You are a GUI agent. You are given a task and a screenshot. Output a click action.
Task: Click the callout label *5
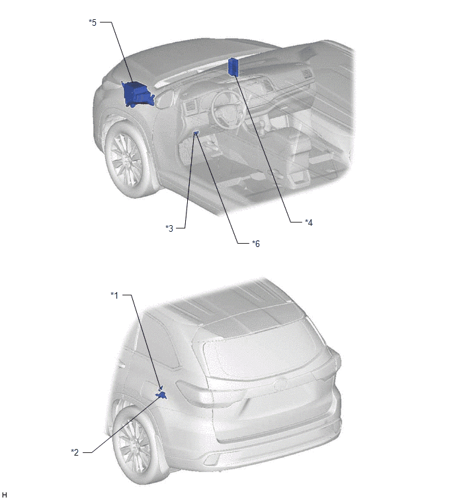(93, 23)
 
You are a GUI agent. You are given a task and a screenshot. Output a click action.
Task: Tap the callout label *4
(309, 223)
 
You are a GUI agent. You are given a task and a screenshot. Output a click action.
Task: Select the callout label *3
(169, 228)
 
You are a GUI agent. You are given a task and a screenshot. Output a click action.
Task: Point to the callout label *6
(256, 244)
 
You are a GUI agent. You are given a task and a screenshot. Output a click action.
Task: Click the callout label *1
(114, 295)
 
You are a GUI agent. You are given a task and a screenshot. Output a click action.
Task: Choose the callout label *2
(75, 452)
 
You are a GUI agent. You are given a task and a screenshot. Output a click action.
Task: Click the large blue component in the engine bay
(138, 94)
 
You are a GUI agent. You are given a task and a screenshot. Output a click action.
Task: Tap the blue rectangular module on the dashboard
(233, 68)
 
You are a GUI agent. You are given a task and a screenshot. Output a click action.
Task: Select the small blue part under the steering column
(196, 133)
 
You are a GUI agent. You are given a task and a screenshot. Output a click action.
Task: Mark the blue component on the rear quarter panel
(161, 395)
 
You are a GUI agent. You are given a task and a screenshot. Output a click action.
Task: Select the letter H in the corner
(4, 495)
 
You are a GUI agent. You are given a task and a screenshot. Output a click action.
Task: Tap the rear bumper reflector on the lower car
(212, 460)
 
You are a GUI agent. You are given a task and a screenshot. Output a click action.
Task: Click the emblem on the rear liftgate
(280, 384)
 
